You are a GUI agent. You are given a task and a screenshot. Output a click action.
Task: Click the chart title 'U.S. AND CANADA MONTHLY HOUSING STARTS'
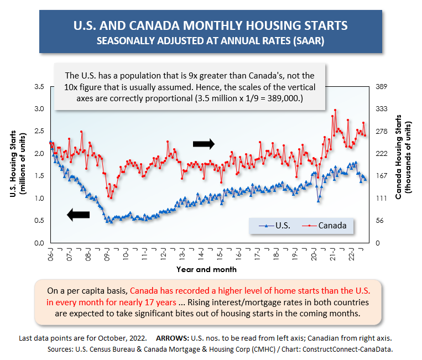coord(211,26)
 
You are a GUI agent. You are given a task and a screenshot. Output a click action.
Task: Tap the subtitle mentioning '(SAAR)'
coord(211,41)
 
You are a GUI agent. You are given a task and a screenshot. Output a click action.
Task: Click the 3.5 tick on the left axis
coord(39,87)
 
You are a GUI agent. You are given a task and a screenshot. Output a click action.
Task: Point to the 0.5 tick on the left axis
coord(39,221)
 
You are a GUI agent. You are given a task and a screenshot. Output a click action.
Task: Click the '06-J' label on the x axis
coord(51,254)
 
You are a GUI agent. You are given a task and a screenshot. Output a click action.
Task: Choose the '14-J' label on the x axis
coord(201,254)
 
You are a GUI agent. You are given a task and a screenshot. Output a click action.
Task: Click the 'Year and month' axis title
coord(207,269)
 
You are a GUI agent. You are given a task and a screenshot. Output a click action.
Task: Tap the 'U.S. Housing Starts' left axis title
coord(15,164)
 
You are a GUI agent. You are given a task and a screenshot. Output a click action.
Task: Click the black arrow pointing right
coord(204,144)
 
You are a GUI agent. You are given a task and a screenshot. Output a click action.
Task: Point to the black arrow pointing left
coord(78,216)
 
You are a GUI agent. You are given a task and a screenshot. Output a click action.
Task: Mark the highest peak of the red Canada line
coord(335,110)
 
